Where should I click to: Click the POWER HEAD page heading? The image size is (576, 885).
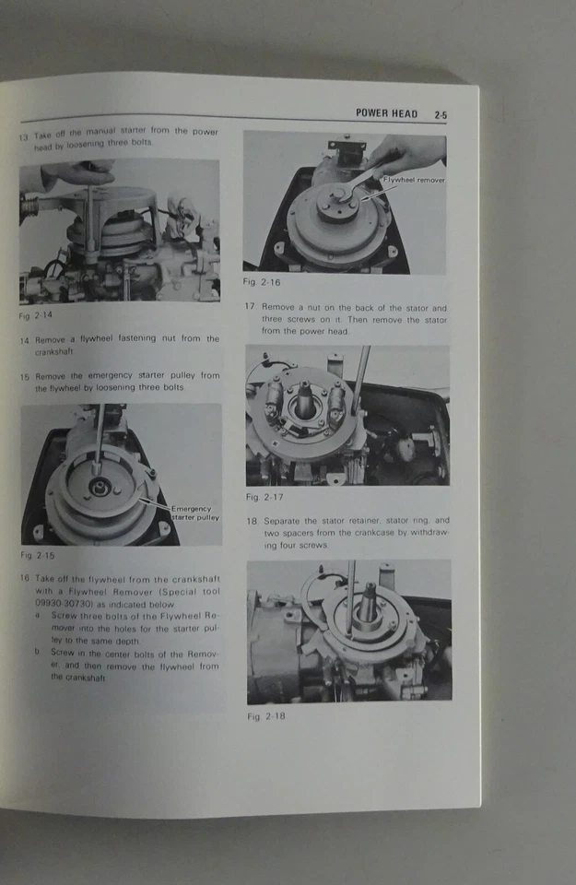386,113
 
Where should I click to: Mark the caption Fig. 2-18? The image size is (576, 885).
266,716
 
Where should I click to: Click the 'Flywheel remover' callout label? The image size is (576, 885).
414,181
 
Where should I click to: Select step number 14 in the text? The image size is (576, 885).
25,340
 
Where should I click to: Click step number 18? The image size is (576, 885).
252,521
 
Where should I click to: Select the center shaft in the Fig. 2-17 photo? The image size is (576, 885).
304,398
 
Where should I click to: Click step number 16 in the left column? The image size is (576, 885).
24,578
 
